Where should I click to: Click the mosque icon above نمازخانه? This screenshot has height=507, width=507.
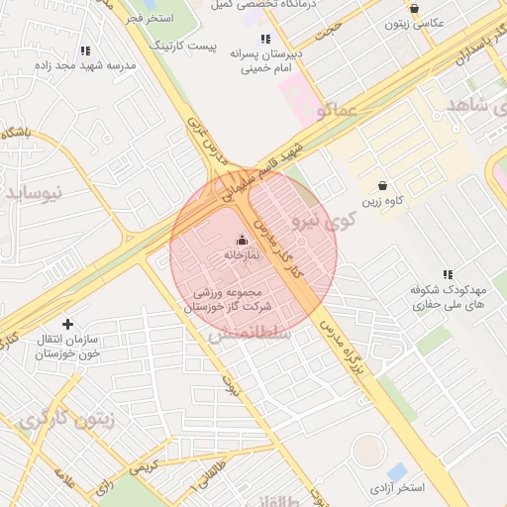point(243,240)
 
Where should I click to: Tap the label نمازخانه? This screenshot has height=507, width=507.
point(241,255)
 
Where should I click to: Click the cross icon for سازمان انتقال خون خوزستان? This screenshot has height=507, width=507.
point(67,324)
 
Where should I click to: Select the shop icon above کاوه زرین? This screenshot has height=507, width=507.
point(383,186)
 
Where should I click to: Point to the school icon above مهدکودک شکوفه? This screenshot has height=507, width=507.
point(448,274)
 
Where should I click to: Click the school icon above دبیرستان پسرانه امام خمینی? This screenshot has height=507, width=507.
point(264,39)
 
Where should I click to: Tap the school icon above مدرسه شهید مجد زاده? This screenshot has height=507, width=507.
point(85,50)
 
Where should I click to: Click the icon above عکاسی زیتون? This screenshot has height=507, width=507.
point(414,8)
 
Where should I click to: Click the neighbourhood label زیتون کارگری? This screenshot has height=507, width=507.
point(67,420)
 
